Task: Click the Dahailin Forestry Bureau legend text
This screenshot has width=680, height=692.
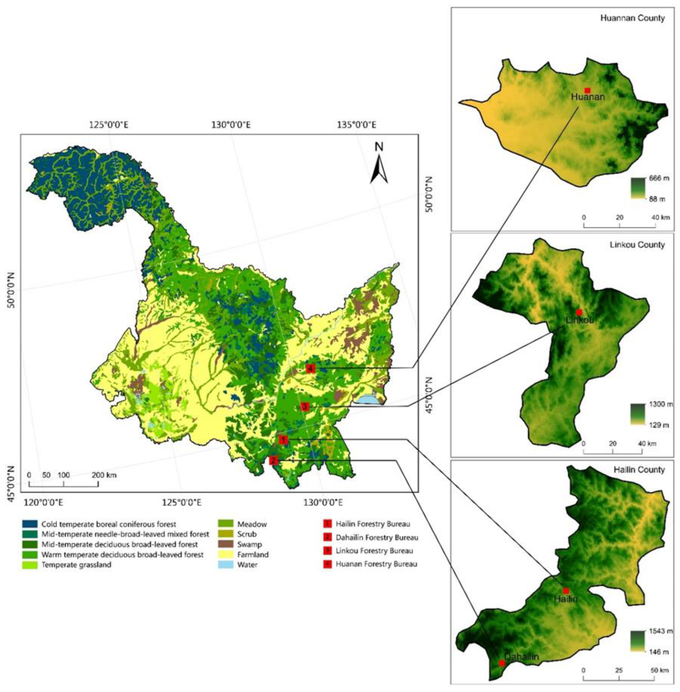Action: click(377, 537)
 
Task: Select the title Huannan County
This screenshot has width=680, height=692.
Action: click(632, 18)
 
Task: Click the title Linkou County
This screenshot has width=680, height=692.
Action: click(637, 245)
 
